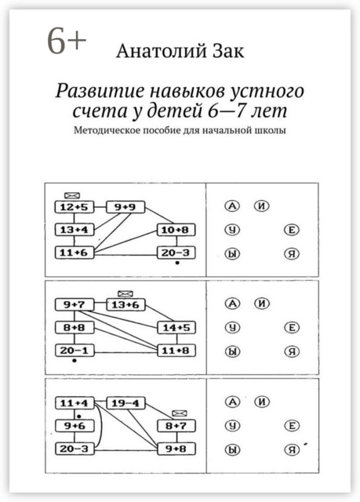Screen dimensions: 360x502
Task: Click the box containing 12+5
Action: coord(71,207)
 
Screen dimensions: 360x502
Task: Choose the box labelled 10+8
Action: coord(175,230)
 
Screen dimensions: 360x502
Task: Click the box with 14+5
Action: coord(175,327)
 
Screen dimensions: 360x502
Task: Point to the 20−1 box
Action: coord(71,350)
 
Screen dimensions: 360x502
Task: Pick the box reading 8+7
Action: coord(175,425)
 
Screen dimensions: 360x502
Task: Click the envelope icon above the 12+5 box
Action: coord(73,193)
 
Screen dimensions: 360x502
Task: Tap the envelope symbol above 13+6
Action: coord(124,291)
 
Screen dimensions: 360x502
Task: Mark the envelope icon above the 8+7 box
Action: coord(179,412)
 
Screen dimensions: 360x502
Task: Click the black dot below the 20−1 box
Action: coord(74,362)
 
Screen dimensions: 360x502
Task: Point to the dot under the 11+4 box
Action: coord(79,413)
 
